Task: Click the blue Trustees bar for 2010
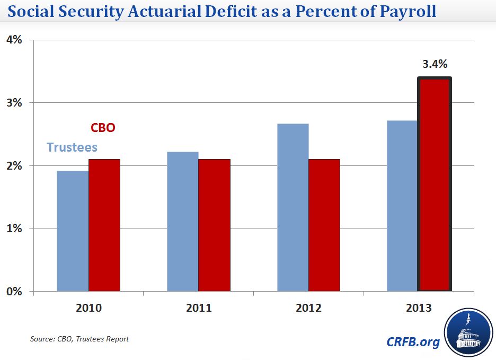point(73,231)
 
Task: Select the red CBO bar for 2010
point(104,225)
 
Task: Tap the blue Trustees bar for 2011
point(183,222)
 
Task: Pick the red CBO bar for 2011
point(215,225)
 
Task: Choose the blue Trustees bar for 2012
point(293,207)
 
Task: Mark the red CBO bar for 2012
point(324,225)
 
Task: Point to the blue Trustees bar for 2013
point(402,206)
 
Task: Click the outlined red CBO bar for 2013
point(435,185)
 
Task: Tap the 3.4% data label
point(435,65)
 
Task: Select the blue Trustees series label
point(72,147)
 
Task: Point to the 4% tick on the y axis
point(14,40)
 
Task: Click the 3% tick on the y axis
point(14,103)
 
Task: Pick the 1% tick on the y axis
point(14,229)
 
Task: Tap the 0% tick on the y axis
point(14,292)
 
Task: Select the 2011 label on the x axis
point(199,308)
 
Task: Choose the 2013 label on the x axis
point(419,308)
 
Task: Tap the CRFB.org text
point(413,342)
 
